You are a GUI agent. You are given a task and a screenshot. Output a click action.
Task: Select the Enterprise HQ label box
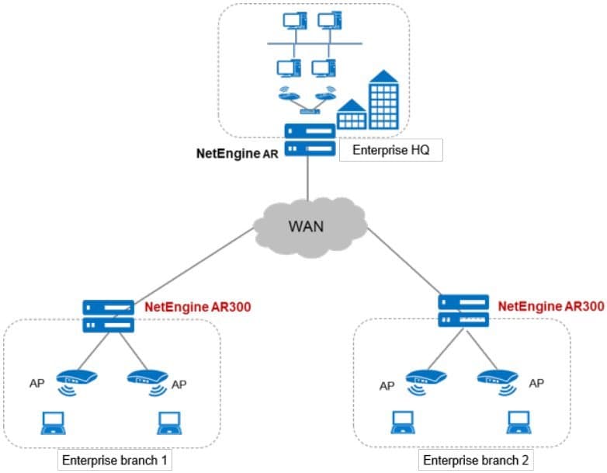(x=390, y=150)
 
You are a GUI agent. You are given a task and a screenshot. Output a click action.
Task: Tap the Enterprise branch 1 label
(x=114, y=461)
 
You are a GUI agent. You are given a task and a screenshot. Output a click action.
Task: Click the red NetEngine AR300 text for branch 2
(x=550, y=306)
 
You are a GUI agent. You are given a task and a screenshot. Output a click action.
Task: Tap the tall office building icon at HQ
(x=387, y=101)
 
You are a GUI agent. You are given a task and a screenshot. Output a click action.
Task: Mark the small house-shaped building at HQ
(x=352, y=115)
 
